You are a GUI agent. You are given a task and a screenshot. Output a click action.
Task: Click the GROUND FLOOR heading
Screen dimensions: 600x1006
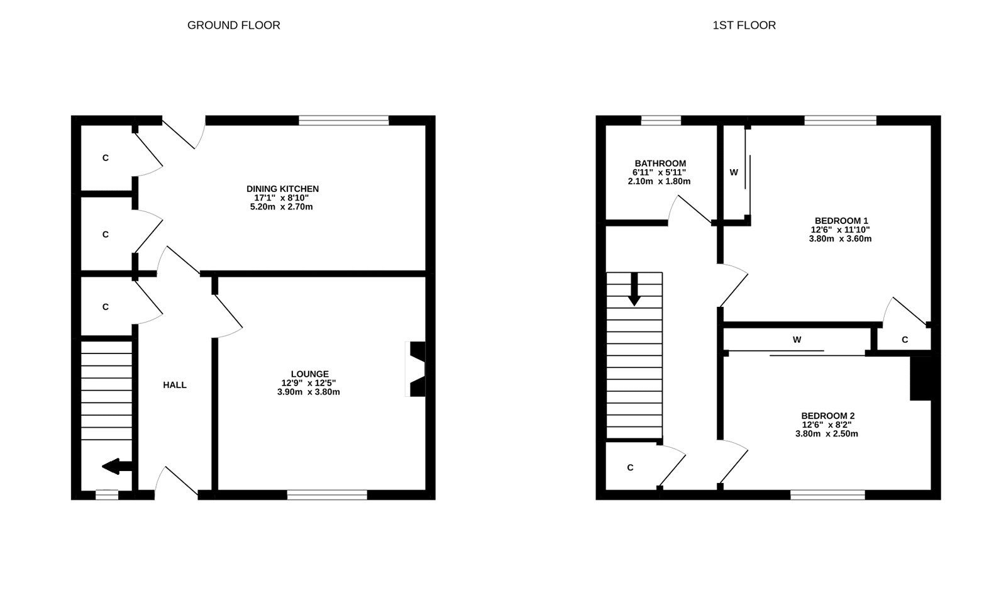pyautogui.click(x=233, y=25)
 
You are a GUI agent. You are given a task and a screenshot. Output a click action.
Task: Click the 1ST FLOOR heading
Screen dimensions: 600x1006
pyautogui.click(x=744, y=25)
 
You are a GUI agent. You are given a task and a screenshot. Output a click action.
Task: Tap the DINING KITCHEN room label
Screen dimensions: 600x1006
pyautogui.click(x=282, y=189)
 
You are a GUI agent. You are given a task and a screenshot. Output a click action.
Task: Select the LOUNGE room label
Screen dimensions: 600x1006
pyautogui.click(x=309, y=374)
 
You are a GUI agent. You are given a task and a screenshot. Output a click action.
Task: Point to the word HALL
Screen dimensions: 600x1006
pyautogui.click(x=175, y=385)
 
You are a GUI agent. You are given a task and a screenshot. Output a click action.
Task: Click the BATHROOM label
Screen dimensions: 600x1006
pyautogui.click(x=660, y=164)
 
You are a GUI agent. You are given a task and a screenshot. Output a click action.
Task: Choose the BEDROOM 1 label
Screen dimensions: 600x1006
pyautogui.click(x=841, y=221)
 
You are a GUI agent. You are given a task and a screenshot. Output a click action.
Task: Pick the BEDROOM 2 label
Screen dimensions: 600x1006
pyautogui.click(x=827, y=416)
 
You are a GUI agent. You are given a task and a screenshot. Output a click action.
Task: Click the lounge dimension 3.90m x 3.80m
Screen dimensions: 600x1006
pyautogui.click(x=309, y=392)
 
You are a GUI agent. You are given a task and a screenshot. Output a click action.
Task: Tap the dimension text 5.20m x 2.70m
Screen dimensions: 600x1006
pyautogui.click(x=281, y=206)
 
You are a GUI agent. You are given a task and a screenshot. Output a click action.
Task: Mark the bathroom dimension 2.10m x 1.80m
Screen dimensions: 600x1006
pyautogui.click(x=659, y=181)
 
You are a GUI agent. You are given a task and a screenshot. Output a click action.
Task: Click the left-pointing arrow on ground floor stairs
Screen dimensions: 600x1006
pyautogui.click(x=117, y=467)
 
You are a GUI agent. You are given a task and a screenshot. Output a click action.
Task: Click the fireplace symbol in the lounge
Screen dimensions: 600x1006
pyautogui.click(x=416, y=369)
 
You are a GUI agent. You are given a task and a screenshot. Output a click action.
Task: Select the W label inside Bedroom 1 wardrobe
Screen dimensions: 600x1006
pyautogui.click(x=734, y=172)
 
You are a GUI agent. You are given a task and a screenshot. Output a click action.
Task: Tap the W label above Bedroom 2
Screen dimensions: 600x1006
pyautogui.click(x=797, y=340)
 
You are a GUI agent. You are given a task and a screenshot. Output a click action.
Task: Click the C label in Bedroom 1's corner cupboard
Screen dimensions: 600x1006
pyautogui.click(x=905, y=340)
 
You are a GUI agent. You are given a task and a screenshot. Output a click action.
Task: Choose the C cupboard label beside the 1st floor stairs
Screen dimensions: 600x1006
pyautogui.click(x=630, y=467)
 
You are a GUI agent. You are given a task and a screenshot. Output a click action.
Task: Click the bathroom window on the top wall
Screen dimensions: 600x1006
pyautogui.click(x=661, y=120)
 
